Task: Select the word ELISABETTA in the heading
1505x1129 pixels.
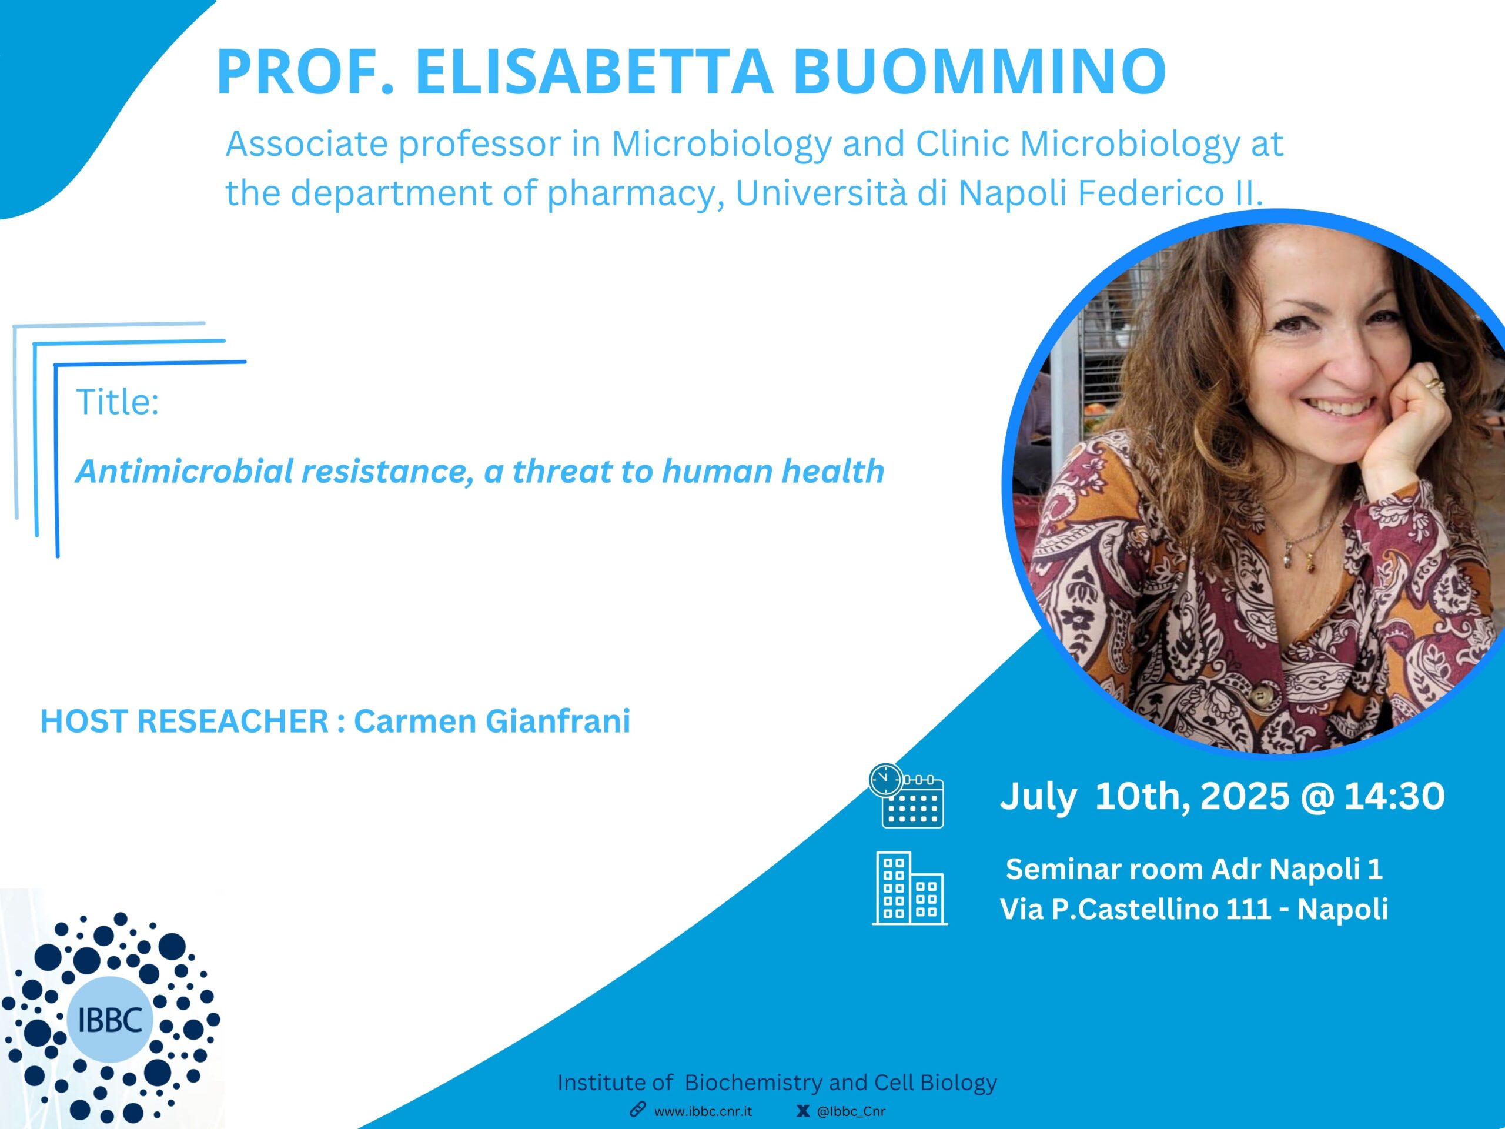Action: (x=593, y=72)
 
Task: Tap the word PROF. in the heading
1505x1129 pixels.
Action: (x=306, y=72)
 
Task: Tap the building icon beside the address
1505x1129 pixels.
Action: (x=909, y=888)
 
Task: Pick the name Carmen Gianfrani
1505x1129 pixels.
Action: (x=492, y=722)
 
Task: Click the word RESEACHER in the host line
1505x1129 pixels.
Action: (x=233, y=722)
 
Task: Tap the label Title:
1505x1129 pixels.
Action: (x=117, y=402)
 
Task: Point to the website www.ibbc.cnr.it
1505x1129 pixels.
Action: (x=703, y=1111)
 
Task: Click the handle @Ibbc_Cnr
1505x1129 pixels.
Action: (x=851, y=1111)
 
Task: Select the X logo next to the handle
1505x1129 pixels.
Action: (x=803, y=1111)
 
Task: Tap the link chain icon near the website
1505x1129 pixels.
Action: (x=637, y=1110)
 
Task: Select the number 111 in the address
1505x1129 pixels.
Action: (x=1249, y=909)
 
